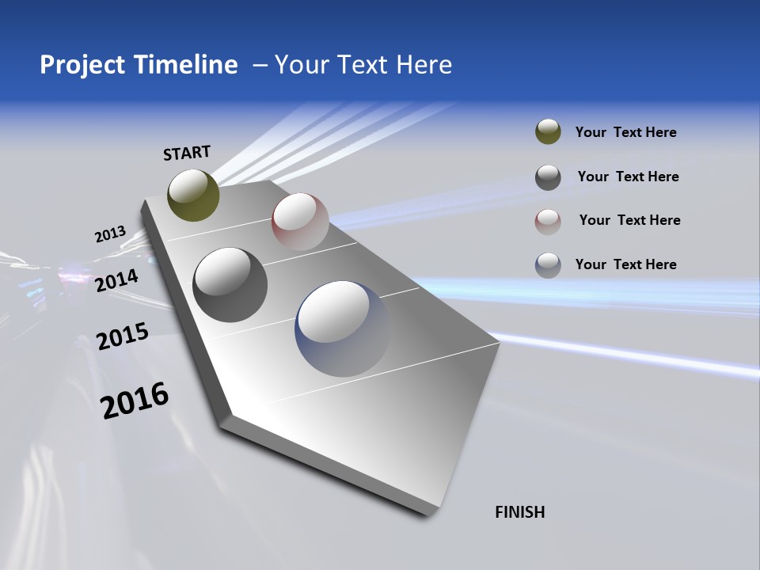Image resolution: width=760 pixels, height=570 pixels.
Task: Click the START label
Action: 187,153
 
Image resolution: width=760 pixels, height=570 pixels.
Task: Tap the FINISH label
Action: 519,512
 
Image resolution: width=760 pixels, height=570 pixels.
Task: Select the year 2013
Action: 110,234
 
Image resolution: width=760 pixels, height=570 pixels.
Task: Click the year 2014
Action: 116,281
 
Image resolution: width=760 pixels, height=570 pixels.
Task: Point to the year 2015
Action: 122,336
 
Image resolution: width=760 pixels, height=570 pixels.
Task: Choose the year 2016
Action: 135,400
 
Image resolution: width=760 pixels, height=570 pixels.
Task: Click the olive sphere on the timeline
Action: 193,196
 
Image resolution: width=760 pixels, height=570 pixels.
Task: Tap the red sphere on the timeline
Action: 300,221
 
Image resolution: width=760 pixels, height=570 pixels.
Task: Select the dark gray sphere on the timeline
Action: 230,285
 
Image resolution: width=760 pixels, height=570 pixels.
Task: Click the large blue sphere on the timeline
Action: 343,329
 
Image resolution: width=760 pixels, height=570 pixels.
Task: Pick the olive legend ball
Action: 548,132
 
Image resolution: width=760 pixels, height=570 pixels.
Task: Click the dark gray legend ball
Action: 548,177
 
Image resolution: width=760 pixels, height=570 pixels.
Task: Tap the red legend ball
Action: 548,222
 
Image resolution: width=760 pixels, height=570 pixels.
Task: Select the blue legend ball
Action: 548,265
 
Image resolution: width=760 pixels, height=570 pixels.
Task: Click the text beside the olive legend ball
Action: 625,132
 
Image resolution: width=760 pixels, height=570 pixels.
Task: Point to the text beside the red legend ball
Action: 629,220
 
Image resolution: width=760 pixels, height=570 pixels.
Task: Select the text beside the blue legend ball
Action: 625,264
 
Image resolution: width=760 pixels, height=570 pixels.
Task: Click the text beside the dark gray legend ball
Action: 628,177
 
